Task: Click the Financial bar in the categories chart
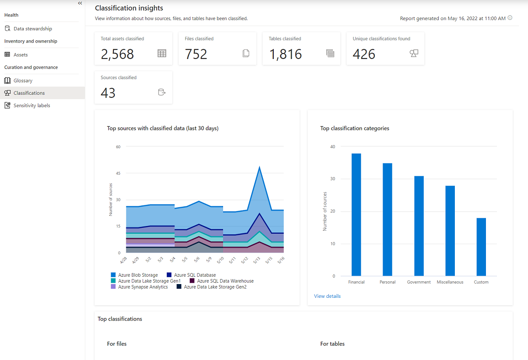356,215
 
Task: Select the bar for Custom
481,247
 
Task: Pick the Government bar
419,226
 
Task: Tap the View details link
327,296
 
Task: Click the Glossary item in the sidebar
23,81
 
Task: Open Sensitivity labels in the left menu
32,105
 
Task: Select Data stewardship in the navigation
32,28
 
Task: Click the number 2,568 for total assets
117,54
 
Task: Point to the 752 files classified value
196,54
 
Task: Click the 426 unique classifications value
364,54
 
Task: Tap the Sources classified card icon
161,92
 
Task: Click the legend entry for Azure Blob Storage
138,275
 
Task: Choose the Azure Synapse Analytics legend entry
143,287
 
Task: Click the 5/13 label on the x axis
257,260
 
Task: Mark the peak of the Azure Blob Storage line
260,167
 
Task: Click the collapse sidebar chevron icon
80,3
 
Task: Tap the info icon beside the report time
510,18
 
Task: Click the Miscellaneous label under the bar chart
450,282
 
